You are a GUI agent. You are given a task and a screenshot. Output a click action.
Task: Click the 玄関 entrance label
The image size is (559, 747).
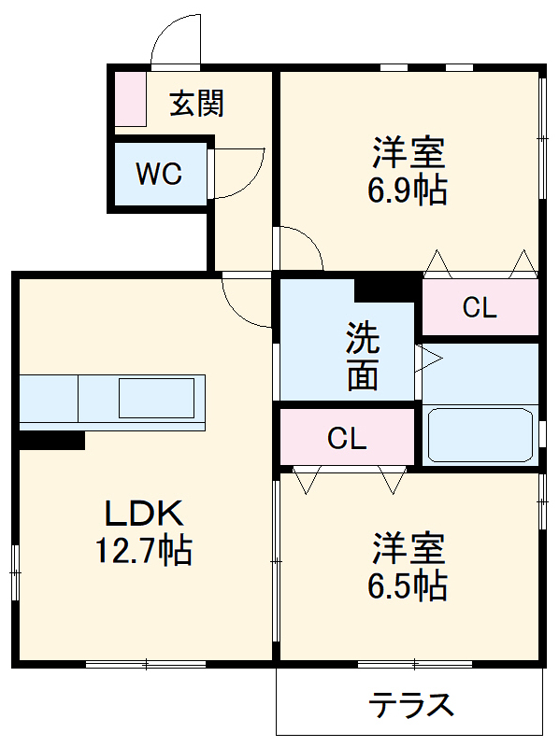[x=196, y=103]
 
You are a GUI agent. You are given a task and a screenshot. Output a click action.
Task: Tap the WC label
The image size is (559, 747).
[x=160, y=175]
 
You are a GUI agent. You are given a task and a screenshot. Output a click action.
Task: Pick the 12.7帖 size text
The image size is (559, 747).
[x=143, y=551]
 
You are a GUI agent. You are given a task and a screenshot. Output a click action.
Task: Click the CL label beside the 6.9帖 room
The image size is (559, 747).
[x=480, y=309]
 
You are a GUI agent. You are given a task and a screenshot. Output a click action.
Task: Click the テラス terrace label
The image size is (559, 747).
[x=411, y=705]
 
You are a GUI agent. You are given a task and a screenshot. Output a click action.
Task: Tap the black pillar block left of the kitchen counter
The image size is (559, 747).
[x=51, y=440]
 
